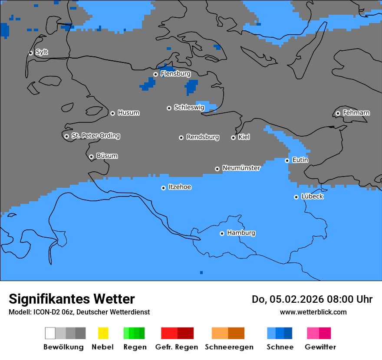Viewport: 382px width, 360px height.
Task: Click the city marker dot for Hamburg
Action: click(222, 233)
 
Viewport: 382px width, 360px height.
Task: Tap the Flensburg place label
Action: click(175, 74)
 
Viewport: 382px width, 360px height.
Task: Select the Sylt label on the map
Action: click(42, 52)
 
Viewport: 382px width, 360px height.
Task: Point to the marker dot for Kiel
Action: click(233, 137)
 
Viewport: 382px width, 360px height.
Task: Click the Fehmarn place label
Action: click(356, 113)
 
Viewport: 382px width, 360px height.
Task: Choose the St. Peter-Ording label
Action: click(95, 136)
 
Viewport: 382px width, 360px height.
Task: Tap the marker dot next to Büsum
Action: click(91, 157)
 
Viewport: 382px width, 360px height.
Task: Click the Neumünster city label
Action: click(241, 168)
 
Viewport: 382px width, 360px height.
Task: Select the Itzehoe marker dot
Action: click(163, 188)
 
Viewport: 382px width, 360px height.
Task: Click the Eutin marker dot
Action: click(287, 160)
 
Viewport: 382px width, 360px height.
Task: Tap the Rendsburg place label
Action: click(202, 137)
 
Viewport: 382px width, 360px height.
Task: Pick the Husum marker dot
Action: click(112, 113)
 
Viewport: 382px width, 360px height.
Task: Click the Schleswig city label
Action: click(189, 108)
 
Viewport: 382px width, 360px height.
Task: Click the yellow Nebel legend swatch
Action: click(103, 333)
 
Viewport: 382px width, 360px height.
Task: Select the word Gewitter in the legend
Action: click(320, 347)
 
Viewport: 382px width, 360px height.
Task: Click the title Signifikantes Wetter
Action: click(72, 299)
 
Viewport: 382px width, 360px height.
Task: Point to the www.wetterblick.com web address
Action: click(313, 312)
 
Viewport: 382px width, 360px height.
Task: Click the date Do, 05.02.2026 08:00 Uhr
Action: click(312, 299)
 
